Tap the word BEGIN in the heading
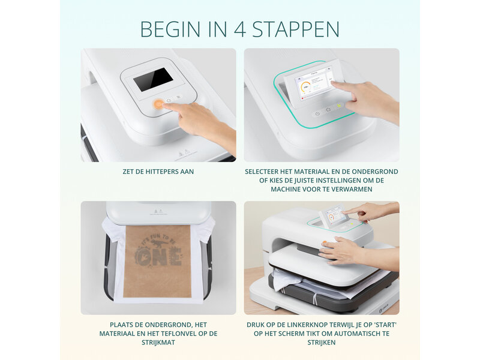170,29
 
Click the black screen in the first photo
152,79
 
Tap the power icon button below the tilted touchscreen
317,113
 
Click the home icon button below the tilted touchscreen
328,110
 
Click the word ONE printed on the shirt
158,257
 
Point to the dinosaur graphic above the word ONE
158,243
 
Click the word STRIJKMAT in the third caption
158,343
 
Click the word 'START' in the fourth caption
383,325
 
